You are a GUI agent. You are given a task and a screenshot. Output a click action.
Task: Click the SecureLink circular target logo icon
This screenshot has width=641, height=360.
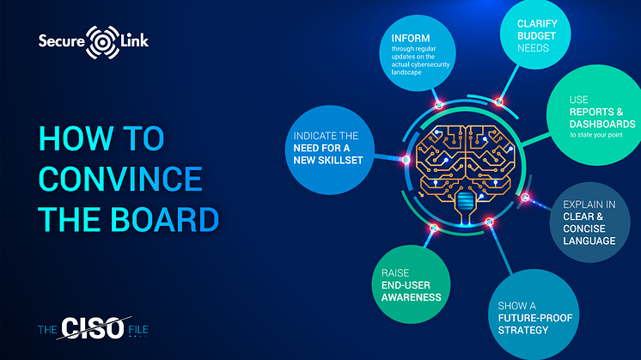pos(102,42)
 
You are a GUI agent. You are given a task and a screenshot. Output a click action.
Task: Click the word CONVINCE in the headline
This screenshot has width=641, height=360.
pos(120,179)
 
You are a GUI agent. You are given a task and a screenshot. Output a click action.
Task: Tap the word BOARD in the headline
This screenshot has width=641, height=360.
pos(165,219)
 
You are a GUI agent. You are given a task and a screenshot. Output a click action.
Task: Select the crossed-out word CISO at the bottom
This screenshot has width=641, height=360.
pos(93,328)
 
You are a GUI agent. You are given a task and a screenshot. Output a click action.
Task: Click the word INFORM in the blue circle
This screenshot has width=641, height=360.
pos(411,39)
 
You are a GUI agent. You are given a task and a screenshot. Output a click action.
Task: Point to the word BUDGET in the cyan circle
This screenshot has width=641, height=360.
pos(536,36)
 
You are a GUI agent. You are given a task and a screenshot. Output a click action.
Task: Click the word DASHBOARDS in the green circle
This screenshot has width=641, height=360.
pos(602,124)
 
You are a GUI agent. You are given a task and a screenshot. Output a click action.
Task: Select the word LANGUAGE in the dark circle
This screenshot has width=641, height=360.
pos(589,241)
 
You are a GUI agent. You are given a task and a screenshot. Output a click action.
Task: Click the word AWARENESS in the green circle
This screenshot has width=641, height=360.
pos(412,297)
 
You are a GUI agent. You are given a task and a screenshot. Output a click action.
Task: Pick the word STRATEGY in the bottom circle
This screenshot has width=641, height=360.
pos(523,330)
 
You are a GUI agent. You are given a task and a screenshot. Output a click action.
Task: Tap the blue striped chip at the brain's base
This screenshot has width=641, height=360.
pos(464,201)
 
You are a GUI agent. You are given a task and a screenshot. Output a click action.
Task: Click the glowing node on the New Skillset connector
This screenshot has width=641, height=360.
pos(406,160)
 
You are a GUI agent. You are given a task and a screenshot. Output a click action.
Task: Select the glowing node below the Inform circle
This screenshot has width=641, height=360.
pos(438,105)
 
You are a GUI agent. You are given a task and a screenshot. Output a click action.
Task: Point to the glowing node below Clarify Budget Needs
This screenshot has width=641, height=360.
pos(498,101)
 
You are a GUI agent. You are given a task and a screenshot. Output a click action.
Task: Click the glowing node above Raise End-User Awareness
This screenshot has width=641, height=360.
pos(434,228)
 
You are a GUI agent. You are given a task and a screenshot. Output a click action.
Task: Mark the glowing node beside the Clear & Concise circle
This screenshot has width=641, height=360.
pos(525,198)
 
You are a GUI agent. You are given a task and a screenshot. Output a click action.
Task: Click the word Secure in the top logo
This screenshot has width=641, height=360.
pos(61,41)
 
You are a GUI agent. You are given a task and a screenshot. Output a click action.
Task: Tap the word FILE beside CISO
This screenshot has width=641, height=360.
pos(138,330)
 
